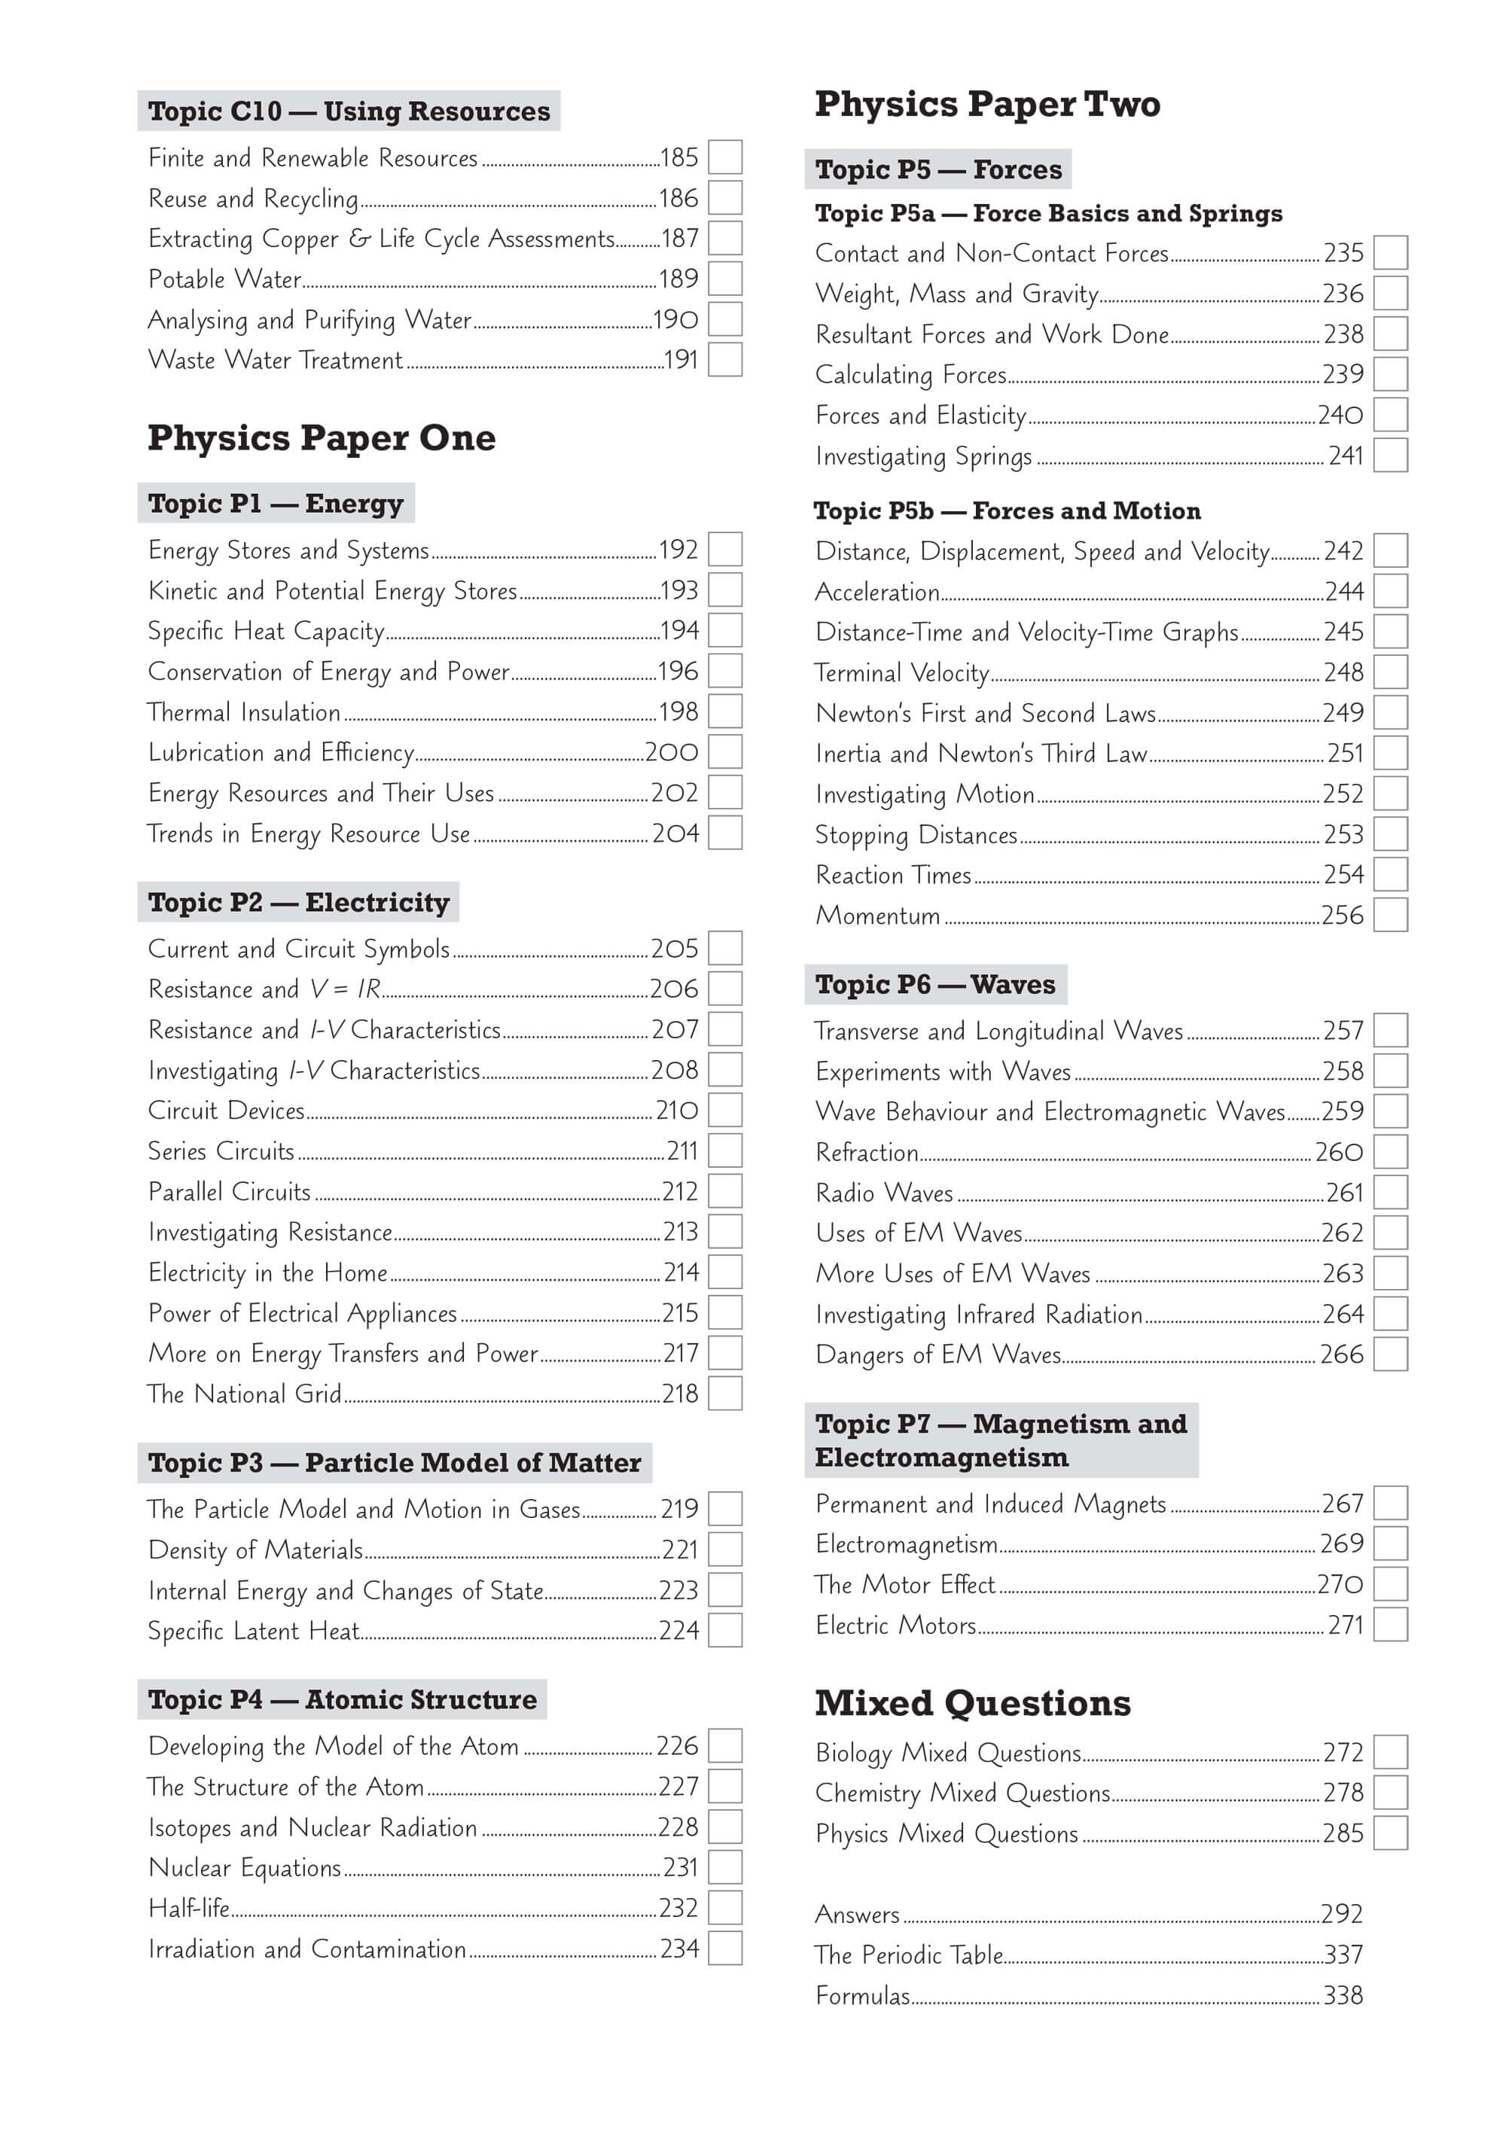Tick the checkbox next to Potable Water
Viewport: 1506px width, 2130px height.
(x=724, y=279)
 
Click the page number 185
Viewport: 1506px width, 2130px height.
(x=679, y=157)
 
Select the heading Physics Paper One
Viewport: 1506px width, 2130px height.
(x=321, y=438)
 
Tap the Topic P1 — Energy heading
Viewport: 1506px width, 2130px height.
(x=276, y=503)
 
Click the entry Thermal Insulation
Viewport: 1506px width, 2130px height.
(x=244, y=712)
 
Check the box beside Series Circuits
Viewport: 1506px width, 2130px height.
(x=724, y=1150)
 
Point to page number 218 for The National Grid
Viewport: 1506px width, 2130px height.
(x=680, y=1394)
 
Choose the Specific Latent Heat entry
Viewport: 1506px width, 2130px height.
(x=253, y=1631)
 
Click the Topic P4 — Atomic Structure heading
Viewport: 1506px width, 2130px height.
(x=341, y=1699)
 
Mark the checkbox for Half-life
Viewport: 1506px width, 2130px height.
(x=724, y=1909)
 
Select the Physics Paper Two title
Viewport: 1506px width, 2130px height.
(x=987, y=104)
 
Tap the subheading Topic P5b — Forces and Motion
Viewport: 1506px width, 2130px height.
(x=1007, y=510)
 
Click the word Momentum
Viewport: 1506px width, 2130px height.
(x=878, y=916)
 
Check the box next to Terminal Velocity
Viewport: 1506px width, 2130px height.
(x=1390, y=672)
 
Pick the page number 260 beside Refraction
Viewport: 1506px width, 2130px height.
(x=1339, y=1152)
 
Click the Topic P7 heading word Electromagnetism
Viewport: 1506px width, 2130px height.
(x=942, y=1458)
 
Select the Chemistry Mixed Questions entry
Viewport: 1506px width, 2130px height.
(x=962, y=1793)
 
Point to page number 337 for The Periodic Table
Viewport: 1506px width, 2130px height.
(x=1343, y=1955)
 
